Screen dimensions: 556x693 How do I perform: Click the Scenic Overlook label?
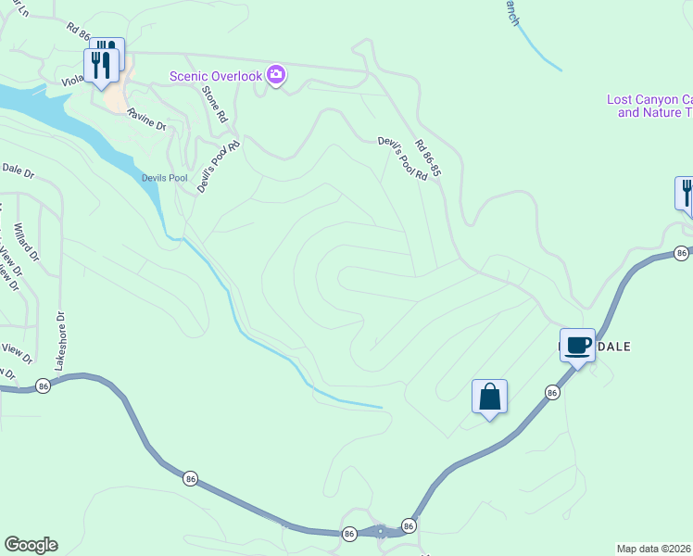tap(215, 75)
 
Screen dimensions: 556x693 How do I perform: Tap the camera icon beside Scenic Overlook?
tap(275, 75)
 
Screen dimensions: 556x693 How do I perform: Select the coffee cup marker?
tap(577, 346)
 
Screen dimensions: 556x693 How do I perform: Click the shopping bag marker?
tap(489, 398)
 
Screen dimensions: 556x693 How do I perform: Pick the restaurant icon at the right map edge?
tap(686, 194)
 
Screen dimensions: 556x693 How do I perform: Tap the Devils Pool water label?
tap(164, 177)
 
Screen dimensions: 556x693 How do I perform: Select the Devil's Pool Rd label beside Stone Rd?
tap(219, 166)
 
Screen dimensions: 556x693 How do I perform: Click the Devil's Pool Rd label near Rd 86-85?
tap(402, 158)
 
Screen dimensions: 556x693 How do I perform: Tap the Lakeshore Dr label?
tap(61, 340)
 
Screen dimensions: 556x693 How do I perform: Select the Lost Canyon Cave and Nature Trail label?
tap(649, 106)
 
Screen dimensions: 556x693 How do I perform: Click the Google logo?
tap(31, 544)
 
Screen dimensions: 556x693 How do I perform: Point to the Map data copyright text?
tap(654, 548)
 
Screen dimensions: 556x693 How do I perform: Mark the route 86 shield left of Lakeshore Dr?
tap(42, 385)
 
